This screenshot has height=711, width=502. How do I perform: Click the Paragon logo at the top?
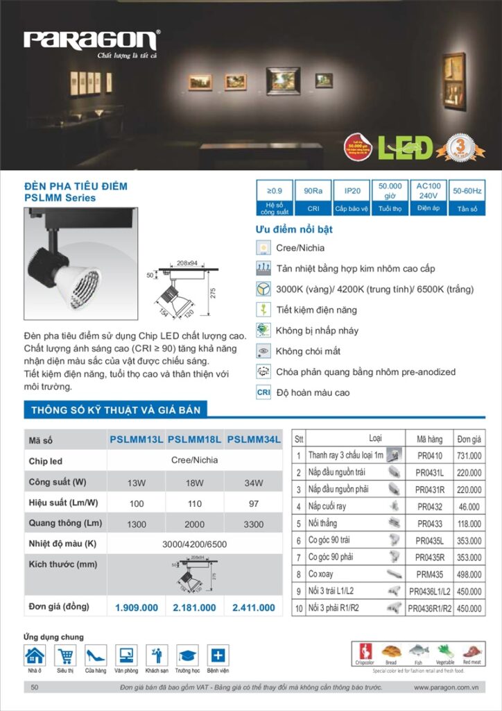click(92, 40)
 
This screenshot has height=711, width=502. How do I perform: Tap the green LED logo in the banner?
click(404, 147)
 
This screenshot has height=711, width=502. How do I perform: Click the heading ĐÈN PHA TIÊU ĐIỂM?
click(76, 186)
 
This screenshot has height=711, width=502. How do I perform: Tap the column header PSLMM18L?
click(195, 440)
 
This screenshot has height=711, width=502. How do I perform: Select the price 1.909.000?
click(137, 608)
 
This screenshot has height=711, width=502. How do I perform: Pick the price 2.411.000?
click(254, 608)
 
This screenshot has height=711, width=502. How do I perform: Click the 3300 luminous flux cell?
click(254, 524)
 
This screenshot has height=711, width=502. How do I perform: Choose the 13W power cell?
click(137, 483)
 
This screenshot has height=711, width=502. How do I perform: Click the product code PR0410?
click(429, 455)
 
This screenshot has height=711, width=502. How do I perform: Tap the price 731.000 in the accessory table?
click(469, 455)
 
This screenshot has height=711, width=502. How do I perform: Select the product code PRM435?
click(429, 575)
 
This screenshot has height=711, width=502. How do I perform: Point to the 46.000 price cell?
click(469, 507)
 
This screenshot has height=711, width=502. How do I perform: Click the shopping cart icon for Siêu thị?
click(65, 655)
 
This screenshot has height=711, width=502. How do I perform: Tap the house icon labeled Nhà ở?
click(35, 655)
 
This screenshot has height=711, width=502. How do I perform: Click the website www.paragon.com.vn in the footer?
click(448, 687)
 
